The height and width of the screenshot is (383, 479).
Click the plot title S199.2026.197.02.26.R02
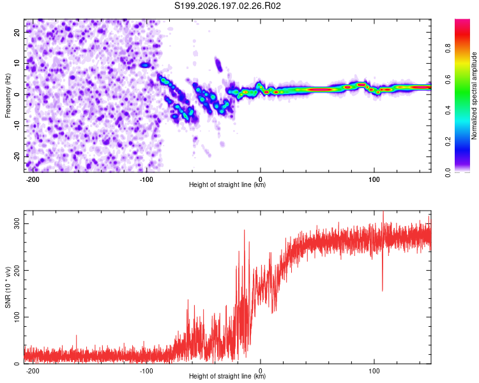(227, 6)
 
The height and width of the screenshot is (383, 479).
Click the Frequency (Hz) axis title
(8, 96)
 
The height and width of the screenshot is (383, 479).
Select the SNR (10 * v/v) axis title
(8, 287)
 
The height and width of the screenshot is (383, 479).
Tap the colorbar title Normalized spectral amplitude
(474, 96)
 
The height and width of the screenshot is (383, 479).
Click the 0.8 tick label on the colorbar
(448, 49)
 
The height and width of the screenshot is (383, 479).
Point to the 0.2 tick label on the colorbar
(448, 142)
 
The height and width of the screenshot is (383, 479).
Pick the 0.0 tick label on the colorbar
(448, 172)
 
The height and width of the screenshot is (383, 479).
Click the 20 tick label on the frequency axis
(17, 33)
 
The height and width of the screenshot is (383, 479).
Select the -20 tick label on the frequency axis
(17, 156)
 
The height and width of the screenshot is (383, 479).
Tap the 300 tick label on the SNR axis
(17, 224)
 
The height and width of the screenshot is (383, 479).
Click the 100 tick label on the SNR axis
(17, 317)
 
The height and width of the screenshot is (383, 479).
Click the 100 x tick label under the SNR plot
(374, 371)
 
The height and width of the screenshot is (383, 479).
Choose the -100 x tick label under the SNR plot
(146, 371)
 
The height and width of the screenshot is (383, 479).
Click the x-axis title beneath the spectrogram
(227, 184)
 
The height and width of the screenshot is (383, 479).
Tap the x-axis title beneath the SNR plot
(227, 376)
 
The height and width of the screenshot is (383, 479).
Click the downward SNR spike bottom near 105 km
(382, 290)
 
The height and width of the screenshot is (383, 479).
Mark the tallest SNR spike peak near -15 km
(244, 230)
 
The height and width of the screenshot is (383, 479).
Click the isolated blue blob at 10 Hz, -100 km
(145, 65)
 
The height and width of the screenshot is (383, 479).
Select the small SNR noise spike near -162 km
(77, 336)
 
